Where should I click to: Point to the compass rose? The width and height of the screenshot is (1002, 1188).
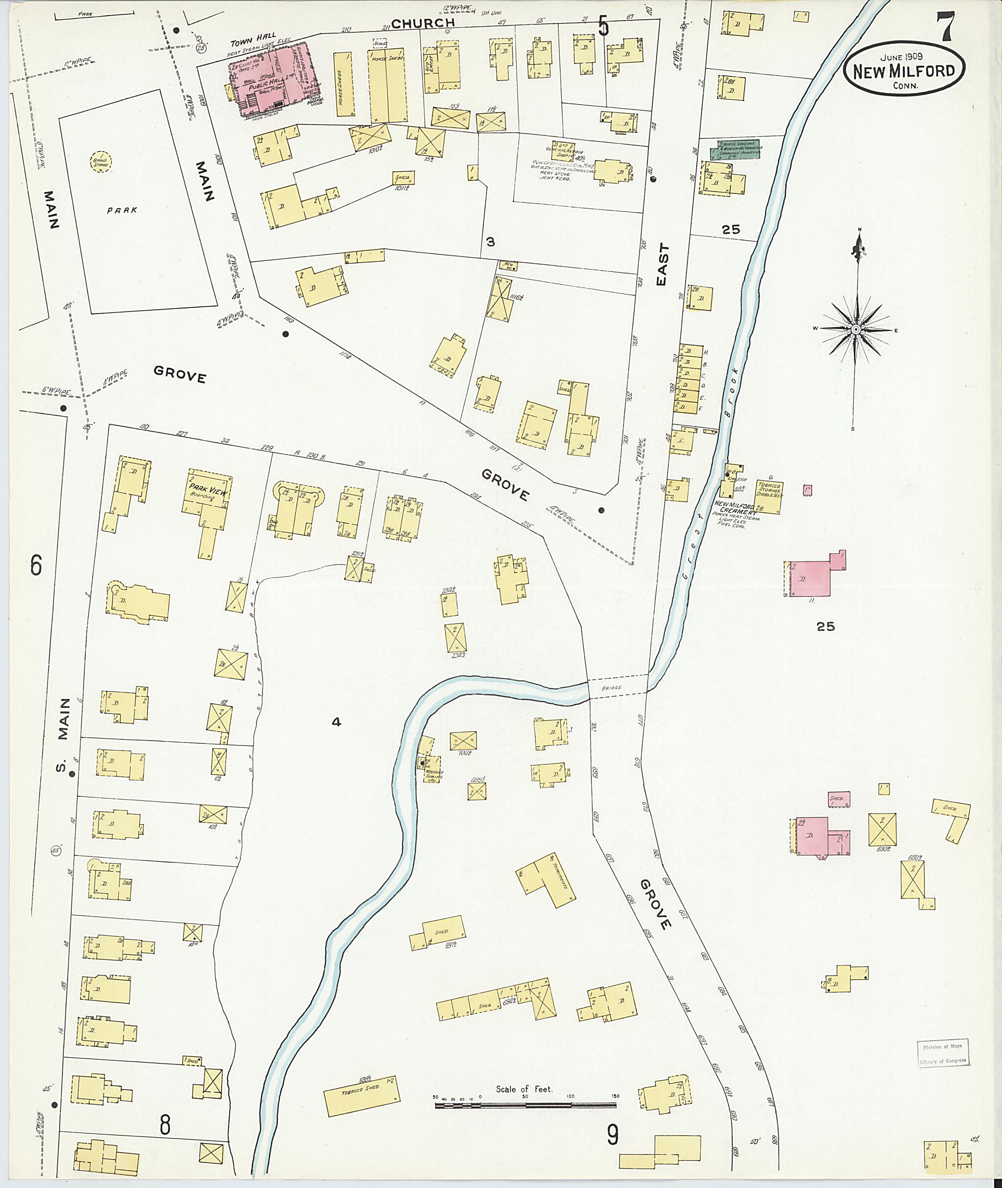click(855, 329)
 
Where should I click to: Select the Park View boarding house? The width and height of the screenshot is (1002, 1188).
click(208, 493)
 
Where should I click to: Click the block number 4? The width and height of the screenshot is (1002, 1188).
click(336, 722)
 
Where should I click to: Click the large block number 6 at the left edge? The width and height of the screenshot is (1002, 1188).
click(36, 565)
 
